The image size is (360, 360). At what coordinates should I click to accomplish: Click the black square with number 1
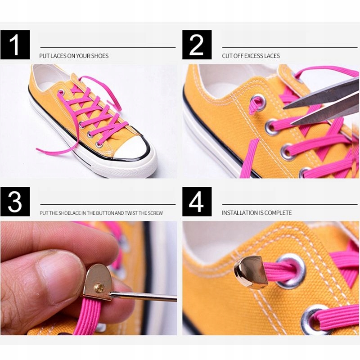tap(15, 45)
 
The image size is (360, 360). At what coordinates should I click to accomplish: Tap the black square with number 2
tap(197, 45)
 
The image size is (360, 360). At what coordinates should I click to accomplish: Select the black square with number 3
tap(15, 202)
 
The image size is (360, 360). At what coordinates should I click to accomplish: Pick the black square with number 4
tap(197, 202)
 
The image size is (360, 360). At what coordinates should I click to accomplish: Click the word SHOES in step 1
tap(99, 56)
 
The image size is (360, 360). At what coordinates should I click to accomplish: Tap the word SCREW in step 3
tap(155, 213)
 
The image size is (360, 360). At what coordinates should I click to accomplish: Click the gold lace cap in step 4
tap(251, 272)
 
